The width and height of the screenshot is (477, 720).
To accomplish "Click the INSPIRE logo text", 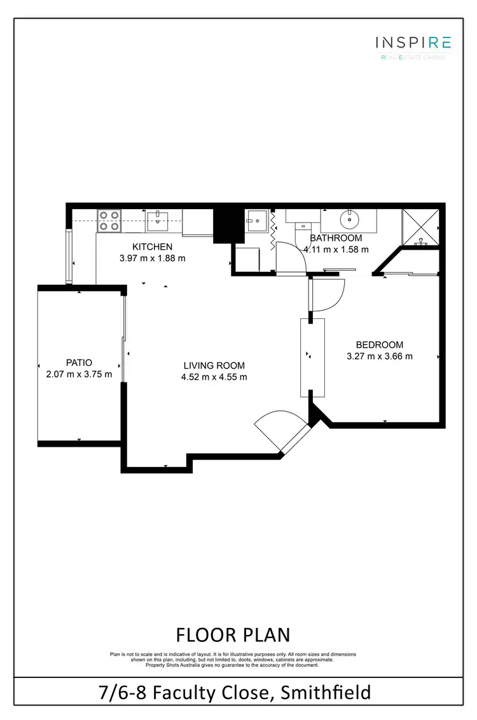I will [413, 43].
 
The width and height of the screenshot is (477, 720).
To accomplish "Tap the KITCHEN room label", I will [152, 247].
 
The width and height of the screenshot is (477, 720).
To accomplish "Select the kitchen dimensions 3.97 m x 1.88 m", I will [152, 258].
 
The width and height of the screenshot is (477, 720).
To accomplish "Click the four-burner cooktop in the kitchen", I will [109, 220].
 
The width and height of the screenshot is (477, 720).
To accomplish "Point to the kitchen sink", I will [156, 221].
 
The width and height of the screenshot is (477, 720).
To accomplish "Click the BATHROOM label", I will [336, 238].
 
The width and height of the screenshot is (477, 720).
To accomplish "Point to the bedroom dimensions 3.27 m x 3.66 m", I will [380, 357].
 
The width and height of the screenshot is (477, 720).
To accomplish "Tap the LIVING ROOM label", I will [214, 365].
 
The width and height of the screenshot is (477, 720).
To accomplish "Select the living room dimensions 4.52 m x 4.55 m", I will [214, 377].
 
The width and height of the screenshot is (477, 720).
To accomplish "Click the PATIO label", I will [79, 363].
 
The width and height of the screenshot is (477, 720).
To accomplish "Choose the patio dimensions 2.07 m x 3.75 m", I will [79, 374].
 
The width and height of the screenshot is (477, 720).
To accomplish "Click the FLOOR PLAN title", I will [233, 634].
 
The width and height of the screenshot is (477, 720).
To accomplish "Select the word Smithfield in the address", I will [325, 691].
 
